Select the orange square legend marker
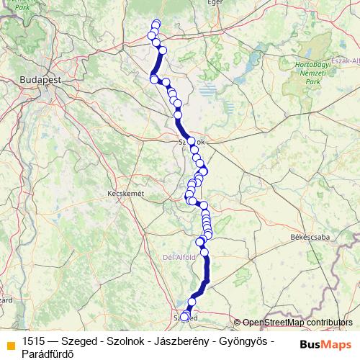tap(10, 343)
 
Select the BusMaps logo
tap(323, 343)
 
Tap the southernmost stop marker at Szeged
tap(184, 316)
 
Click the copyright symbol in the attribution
tap(238, 323)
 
